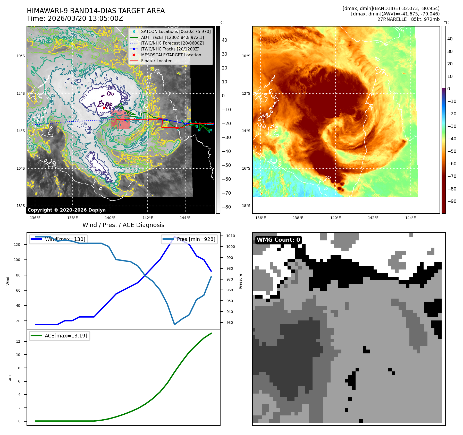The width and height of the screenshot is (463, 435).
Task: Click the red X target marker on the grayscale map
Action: tap(104, 108)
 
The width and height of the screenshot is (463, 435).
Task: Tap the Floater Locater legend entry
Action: tap(156, 61)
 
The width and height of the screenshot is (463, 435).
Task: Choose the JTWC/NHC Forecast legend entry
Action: tap(172, 43)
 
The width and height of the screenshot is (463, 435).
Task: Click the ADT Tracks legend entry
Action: tap(172, 37)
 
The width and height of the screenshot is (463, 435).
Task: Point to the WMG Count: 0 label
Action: tap(278, 240)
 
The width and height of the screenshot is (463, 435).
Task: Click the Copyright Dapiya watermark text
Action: tap(66, 210)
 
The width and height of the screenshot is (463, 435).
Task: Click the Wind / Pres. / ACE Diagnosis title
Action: tap(123, 225)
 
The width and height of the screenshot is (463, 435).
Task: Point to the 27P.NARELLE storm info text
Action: tap(408, 19)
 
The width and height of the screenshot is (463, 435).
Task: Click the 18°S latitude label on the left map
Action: tap(21, 206)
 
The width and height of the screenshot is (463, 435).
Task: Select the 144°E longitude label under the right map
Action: tap(410, 218)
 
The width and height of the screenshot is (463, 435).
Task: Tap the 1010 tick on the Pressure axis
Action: tap(231, 236)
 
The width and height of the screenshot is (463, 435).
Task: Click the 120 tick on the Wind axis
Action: tap(17, 245)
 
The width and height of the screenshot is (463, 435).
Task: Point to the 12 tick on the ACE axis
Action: tap(18, 341)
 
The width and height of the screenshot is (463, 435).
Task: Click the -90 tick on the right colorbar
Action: tap(452, 201)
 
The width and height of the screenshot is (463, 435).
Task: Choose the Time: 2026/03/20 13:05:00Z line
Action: tap(75, 19)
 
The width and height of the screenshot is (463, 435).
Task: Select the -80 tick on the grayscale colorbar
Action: tap(226, 207)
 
